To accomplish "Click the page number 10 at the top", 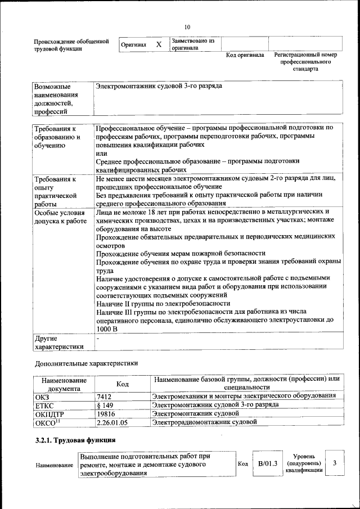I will point(187,26).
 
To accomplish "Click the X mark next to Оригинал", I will point(159,44).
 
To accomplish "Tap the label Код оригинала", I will point(245,55).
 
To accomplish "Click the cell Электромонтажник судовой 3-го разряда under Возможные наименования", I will point(159,87).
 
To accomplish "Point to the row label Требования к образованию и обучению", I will point(56,137).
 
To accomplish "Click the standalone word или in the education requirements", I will point(101,153).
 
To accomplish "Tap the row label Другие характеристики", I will point(59,343).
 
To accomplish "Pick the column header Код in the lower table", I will point(122,384).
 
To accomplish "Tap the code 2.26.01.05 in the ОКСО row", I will point(112,421).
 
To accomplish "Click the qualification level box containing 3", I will point(335,463).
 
